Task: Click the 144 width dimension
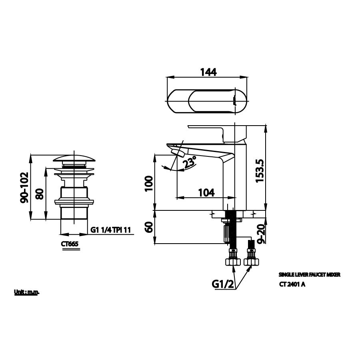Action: (x=208, y=72)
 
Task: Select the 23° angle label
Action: (x=190, y=162)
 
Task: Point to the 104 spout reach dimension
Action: (x=206, y=192)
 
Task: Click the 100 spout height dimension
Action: (x=148, y=183)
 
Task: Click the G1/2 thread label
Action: (x=222, y=285)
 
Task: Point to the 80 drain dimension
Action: (x=39, y=194)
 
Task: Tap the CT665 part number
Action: (x=71, y=244)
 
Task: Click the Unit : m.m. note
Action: (x=27, y=292)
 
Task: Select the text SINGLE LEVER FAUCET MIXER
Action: (x=310, y=275)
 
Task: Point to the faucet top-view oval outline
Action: (x=208, y=101)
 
